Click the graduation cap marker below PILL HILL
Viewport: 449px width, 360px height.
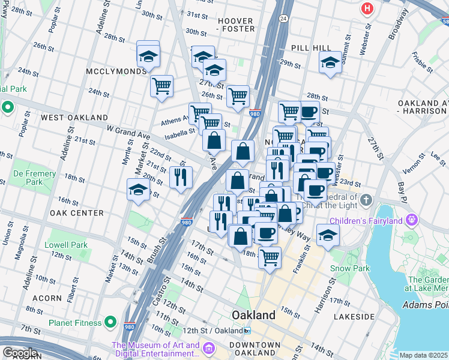coord(330,62)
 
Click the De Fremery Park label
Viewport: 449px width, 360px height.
coord(35,178)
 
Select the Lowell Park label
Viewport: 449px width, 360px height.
coord(66,245)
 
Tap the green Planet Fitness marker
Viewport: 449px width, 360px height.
coord(110,323)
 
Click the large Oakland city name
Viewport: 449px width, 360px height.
coord(254,315)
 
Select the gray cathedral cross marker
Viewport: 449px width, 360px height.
coord(366,199)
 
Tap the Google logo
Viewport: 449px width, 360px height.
coord(20,353)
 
